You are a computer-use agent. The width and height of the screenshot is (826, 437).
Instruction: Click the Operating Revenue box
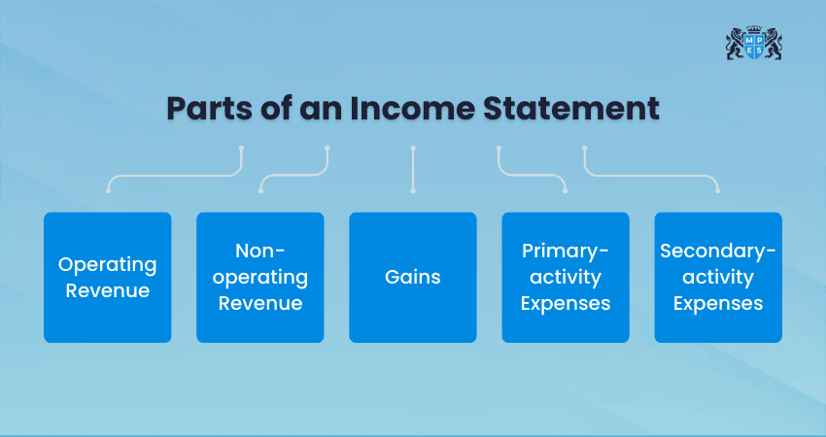[x=107, y=277]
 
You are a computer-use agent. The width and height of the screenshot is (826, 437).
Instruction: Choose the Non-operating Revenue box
[x=259, y=277]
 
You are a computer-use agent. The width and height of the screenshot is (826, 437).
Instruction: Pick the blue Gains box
[x=412, y=277]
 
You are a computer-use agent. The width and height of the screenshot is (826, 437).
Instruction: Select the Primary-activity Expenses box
[x=565, y=277]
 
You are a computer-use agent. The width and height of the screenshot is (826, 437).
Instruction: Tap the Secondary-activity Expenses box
[x=717, y=277]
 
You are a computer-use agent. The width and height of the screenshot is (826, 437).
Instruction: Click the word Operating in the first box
[x=107, y=264]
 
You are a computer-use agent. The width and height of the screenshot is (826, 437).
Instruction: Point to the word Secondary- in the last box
[x=717, y=252]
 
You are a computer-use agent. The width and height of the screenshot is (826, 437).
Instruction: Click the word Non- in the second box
[x=259, y=252]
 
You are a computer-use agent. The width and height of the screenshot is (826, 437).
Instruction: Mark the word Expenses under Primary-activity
[x=565, y=303]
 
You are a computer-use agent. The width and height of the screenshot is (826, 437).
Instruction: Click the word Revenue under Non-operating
[x=259, y=303]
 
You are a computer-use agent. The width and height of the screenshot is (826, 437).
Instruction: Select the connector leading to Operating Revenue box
[x=175, y=176]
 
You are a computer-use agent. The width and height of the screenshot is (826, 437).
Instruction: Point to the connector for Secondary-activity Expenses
[x=651, y=176]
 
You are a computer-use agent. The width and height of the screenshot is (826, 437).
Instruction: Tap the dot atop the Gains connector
[x=413, y=149]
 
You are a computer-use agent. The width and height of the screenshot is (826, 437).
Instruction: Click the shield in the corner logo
[x=754, y=46]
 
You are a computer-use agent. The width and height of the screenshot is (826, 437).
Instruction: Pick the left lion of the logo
[x=735, y=44]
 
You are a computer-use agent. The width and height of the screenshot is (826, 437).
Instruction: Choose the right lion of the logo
[x=774, y=44]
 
